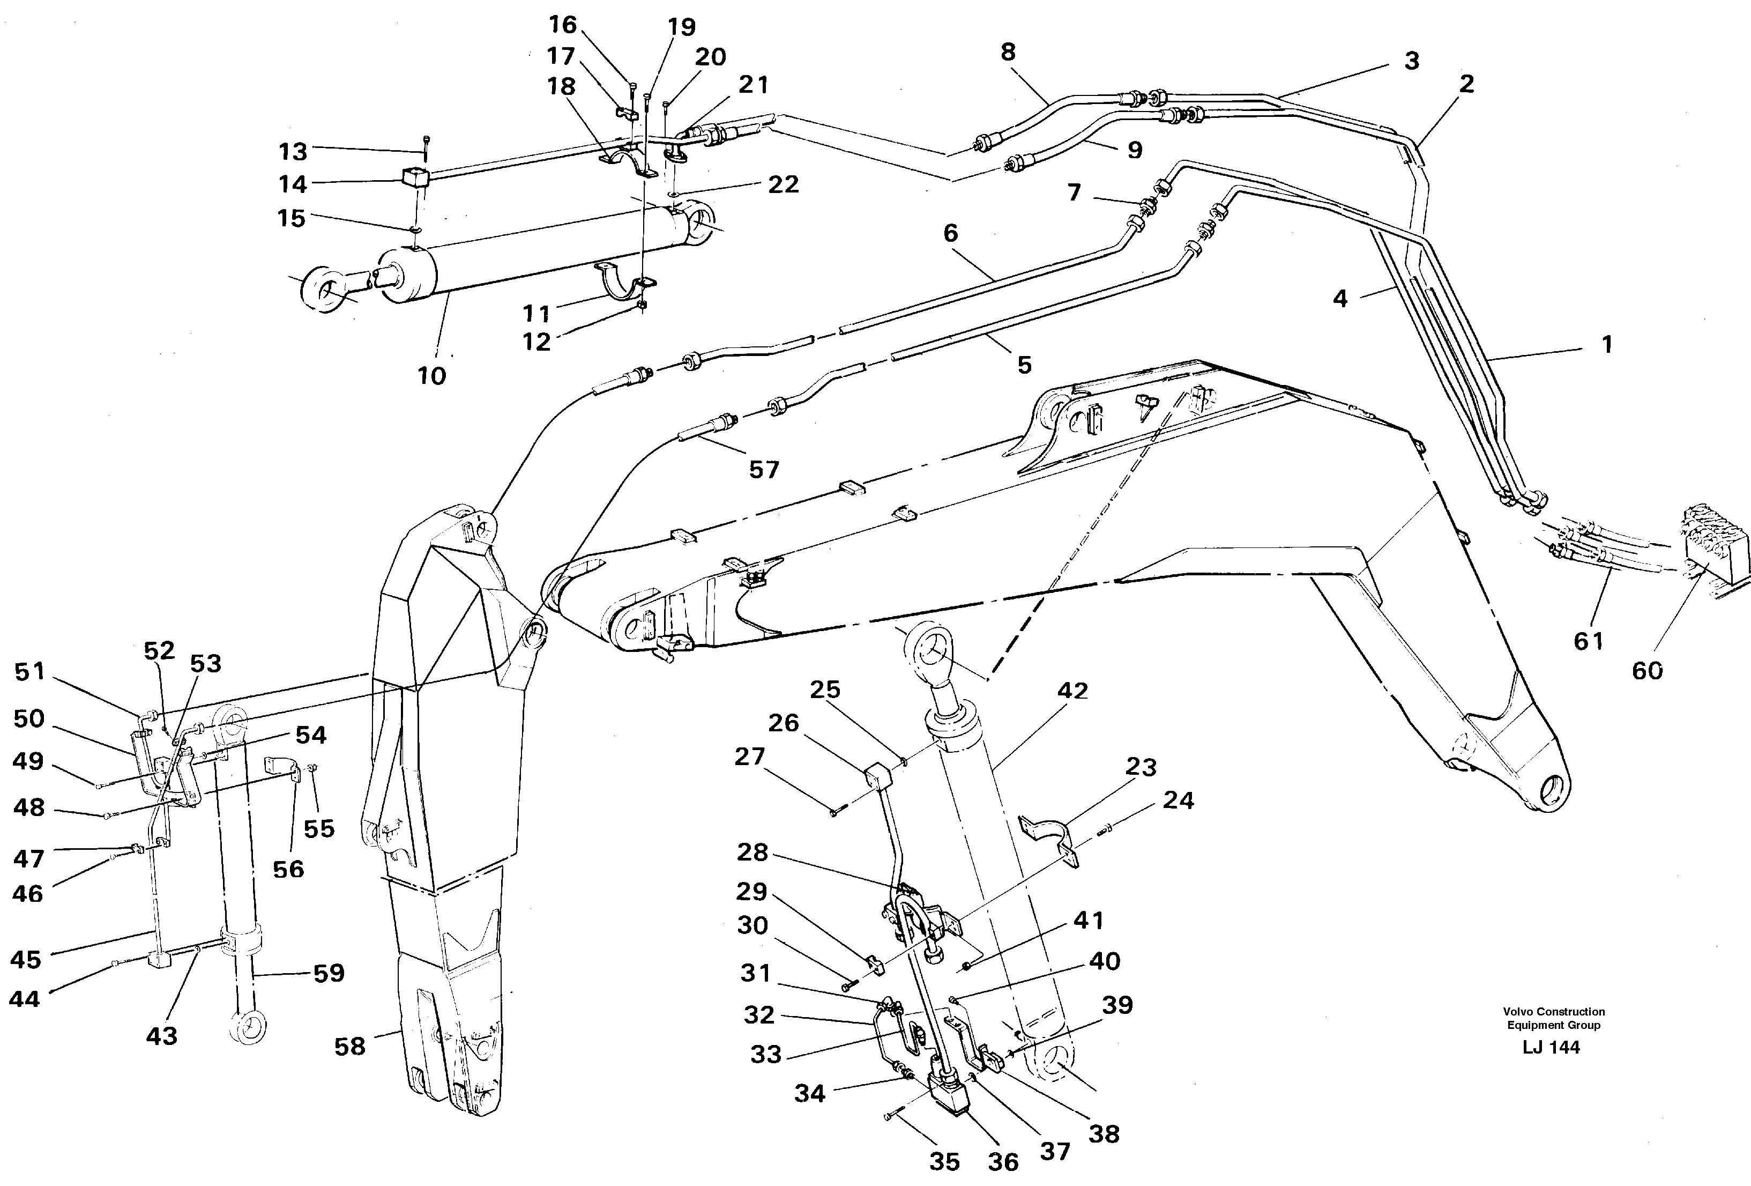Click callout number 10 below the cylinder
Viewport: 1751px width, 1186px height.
point(432,375)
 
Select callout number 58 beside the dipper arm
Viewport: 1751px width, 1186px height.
point(349,1046)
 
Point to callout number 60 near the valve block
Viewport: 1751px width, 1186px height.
point(1647,670)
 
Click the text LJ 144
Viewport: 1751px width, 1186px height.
point(1551,1047)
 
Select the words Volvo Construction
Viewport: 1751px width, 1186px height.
point(1554,1011)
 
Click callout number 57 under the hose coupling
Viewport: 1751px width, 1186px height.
point(763,470)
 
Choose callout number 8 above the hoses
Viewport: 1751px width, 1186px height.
point(1008,52)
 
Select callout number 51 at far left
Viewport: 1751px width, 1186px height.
point(29,671)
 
